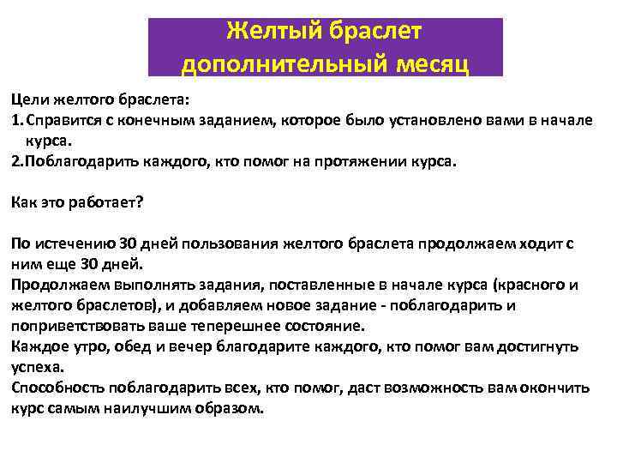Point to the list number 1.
(x=15, y=120)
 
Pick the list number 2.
(x=15, y=160)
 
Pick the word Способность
(x=53, y=388)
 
